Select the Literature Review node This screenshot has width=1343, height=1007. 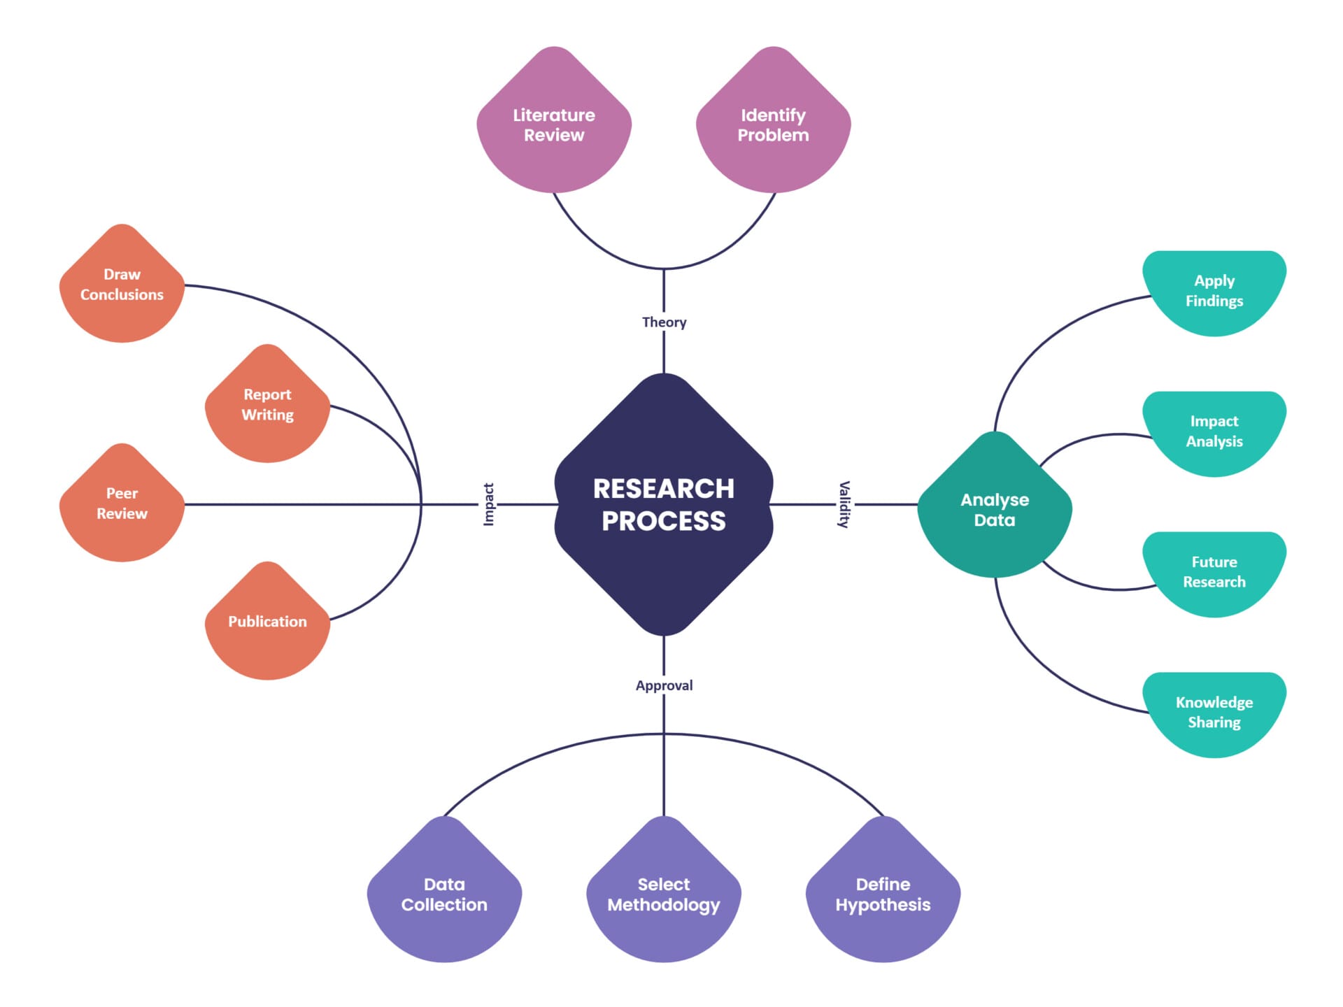coord(554,125)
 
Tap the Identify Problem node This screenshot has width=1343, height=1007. coord(773,125)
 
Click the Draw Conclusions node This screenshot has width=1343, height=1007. coord(122,285)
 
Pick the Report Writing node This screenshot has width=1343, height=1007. coord(267,405)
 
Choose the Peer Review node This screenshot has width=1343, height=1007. coord(122,503)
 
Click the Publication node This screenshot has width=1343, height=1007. coord(267,622)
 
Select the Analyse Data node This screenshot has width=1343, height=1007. coord(994,510)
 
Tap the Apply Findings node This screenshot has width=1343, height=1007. coord(1214,291)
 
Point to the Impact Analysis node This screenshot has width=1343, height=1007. coord(1214,431)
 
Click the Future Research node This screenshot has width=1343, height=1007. coord(1214,572)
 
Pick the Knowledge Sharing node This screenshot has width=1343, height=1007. coord(1214,713)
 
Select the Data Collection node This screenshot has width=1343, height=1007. coord(444,894)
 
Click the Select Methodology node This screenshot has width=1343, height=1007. coord(663,894)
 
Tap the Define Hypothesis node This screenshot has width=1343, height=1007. coord(883,894)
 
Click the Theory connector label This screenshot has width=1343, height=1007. coord(664,322)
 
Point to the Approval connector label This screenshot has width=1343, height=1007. coord(664,686)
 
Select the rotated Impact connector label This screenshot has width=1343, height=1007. coord(489,504)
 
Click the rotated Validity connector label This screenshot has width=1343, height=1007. coord(844,504)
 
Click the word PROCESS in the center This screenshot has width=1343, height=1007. coord(663,522)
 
